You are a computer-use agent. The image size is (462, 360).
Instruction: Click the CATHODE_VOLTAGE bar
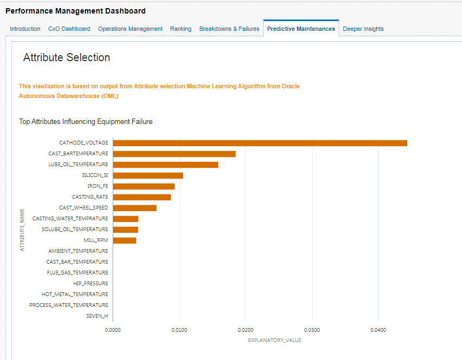pyautogui.click(x=260, y=143)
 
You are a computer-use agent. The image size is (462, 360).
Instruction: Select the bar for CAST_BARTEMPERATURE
pyautogui.click(x=174, y=154)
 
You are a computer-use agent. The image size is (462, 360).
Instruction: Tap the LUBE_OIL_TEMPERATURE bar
pyautogui.click(x=165, y=165)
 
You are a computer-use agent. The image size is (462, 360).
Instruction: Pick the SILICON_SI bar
pyautogui.click(x=148, y=175)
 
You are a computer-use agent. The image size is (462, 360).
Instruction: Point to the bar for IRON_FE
pyautogui.click(x=144, y=186)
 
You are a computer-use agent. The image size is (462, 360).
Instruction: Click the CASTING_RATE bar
pyautogui.click(x=142, y=197)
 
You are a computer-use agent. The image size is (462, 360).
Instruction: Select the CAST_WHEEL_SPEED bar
pyautogui.click(x=134, y=208)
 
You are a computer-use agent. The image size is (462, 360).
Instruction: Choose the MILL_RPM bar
pyautogui.click(x=125, y=240)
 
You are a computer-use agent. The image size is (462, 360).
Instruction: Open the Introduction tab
pyautogui.click(x=25, y=29)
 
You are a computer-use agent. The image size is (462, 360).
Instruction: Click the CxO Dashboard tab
pyautogui.click(x=69, y=29)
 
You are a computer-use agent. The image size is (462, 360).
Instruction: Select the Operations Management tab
pyautogui.click(x=130, y=29)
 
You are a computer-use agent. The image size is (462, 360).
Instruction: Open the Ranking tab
pyautogui.click(x=180, y=29)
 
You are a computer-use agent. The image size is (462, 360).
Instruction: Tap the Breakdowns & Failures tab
pyautogui.click(x=229, y=29)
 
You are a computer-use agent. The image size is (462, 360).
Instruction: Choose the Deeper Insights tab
pyautogui.click(x=363, y=29)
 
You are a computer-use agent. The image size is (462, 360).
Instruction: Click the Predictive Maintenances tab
pyautogui.click(x=301, y=29)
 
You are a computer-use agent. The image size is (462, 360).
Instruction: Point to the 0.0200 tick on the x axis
pyautogui.click(x=245, y=329)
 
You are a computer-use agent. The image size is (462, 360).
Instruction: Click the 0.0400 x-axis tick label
pyautogui.click(x=378, y=329)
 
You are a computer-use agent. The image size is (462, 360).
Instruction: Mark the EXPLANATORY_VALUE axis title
pyautogui.click(x=275, y=341)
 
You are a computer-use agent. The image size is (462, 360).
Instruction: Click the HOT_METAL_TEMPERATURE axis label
pyautogui.click(x=75, y=294)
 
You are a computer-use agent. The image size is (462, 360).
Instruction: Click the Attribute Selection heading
pyautogui.click(x=67, y=57)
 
